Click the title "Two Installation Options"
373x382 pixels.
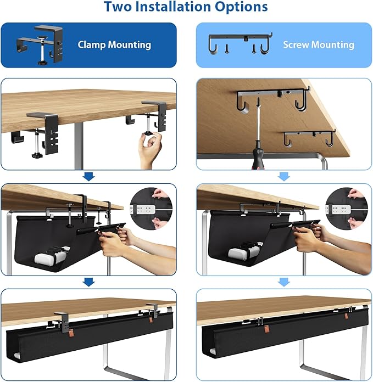tap(186, 8)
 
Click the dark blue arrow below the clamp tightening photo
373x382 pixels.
tap(88, 176)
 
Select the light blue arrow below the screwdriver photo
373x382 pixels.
tap(284, 176)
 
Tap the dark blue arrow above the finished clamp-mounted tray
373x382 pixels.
tap(88, 282)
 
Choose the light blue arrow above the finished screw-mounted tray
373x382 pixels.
tap(284, 282)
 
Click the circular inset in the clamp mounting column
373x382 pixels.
tap(151, 209)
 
